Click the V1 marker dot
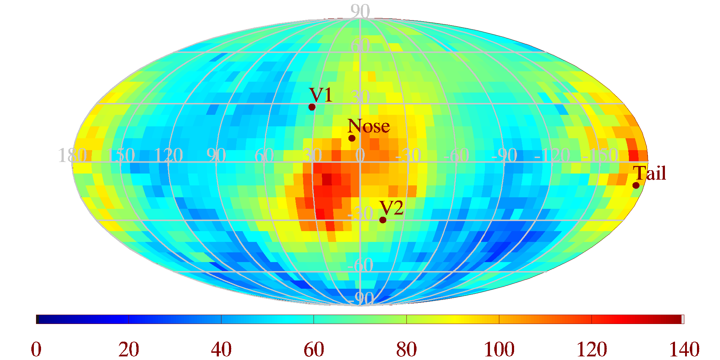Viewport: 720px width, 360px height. (x=312, y=107)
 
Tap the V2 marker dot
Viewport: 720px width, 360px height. (x=383, y=220)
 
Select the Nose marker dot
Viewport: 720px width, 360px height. (x=352, y=138)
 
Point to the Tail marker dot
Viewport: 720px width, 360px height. (x=636, y=185)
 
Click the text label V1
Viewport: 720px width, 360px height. (x=321, y=95)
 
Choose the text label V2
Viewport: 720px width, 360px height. (x=391, y=208)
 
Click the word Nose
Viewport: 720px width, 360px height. (x=369, y=126)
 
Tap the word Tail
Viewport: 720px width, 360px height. (x=650, y=173)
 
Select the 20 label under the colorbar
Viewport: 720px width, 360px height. (x=129, y=349)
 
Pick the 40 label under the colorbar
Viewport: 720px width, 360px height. (x=221, y=349)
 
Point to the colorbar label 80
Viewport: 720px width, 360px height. (x=406, y=349)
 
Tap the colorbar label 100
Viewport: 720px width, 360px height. (x=499, y=349)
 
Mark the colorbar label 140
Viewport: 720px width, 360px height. (x=684, y=349)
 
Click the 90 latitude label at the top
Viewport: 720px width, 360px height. (x=360, y=12)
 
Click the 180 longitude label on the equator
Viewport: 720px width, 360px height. (x=72, y=156)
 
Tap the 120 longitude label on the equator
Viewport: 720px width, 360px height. (x=168, y=156)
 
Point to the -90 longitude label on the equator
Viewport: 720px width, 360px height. (x=504, y=156)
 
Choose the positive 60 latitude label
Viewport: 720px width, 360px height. (x=360, y=46)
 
